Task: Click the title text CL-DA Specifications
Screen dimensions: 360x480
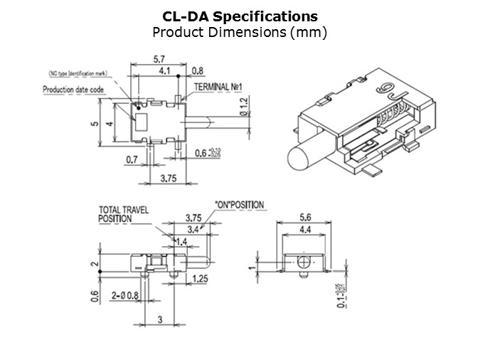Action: (240, 16)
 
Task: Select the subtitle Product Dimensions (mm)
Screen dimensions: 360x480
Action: (240, 32)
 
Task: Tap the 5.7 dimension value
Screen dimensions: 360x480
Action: (159, 59)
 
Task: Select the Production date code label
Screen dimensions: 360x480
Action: (74, 90)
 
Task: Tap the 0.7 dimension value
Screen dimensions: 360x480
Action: (132, 160)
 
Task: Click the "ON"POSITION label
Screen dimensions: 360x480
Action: (239, 205)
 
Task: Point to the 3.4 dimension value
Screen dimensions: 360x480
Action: (192, 229)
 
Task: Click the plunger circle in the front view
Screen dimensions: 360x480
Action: (304, 261)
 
